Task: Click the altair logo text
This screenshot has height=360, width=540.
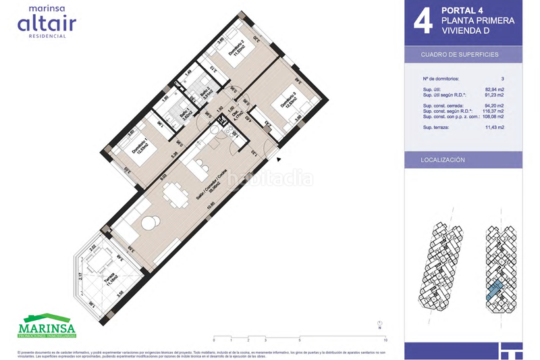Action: (x=47, y=24)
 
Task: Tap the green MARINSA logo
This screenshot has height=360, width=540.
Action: (x=47, y=325)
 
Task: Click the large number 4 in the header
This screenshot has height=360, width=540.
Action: (x=423, y=21)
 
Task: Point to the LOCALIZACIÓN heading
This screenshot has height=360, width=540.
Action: (x=443, y=160)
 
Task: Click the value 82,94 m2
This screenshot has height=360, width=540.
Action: (x=495, y=88)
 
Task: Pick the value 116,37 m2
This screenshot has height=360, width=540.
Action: (x=495, y=111)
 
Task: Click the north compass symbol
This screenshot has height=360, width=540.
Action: (x=380, y=325)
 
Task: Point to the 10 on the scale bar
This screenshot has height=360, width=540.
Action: (x=384, y=340)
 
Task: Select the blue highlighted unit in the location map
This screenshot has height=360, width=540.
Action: (x=493, y=289)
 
